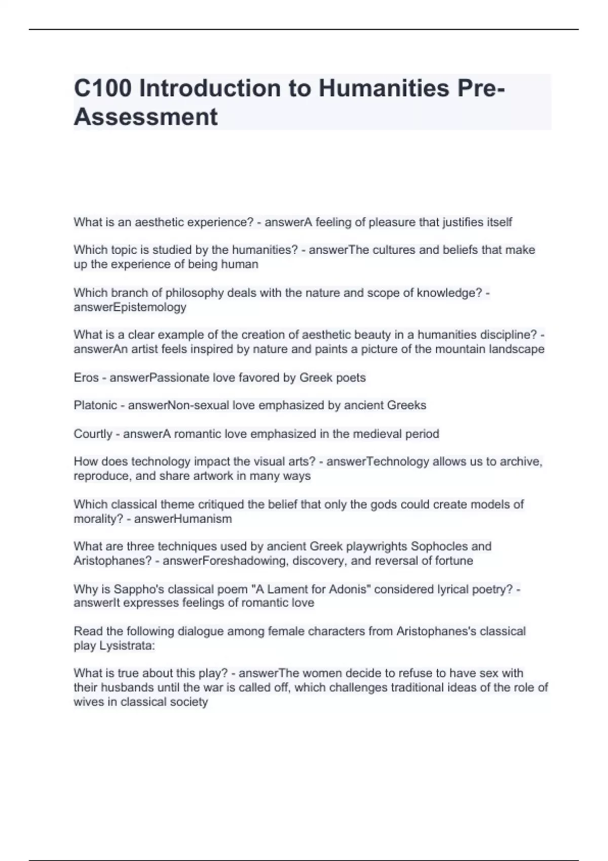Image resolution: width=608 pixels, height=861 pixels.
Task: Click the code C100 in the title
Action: [x=103, y=89]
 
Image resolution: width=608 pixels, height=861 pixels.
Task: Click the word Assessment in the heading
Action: [x=146, y=117]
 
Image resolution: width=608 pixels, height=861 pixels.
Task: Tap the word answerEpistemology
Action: [x=130, y=307]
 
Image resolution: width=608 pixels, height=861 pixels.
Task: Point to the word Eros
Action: [x=86, y=377]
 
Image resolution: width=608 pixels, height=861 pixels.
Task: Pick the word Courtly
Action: [x=93, y=434]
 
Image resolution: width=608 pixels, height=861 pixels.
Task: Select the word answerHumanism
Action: [x=183, y=519]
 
